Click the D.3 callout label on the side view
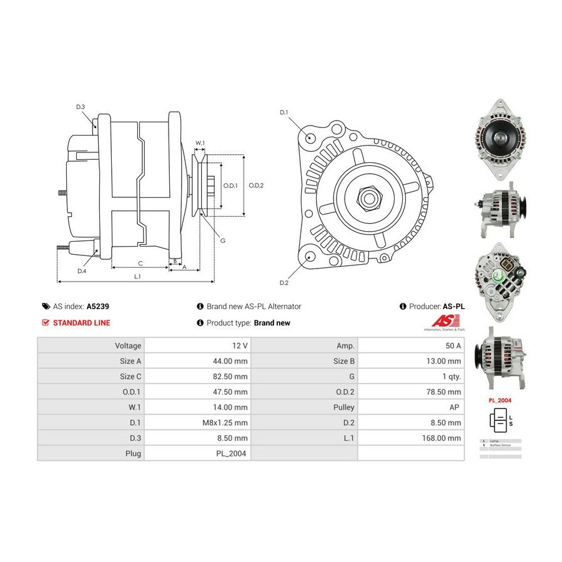[81, 107]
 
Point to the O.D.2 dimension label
[257, 185]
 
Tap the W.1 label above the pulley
[200, 144]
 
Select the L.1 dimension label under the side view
[137, 276]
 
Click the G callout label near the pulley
[223, 240]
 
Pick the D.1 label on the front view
[283, 112]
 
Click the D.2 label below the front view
[284, 283]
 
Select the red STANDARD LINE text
[81, 323]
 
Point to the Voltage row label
[128, 345]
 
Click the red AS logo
[443, 320]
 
